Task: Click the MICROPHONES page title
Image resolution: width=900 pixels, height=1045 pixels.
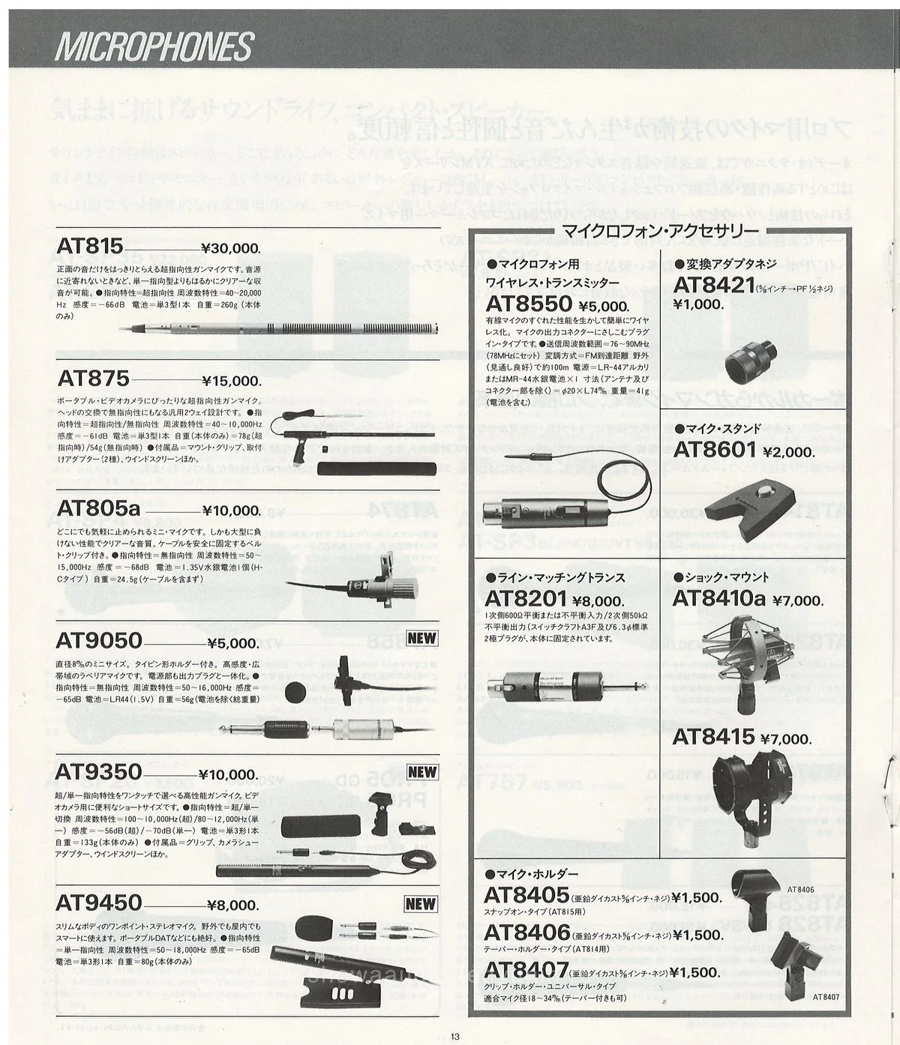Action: pyautogui.click(x=154, y=46)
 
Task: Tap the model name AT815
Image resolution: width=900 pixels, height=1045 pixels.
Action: pyautogui.click(x=89, y=247)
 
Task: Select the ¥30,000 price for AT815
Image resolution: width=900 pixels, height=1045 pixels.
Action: pyautogui.click(x=231, y=249)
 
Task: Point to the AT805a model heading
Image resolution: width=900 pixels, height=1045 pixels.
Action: pyautogui.click(x=98, y=509)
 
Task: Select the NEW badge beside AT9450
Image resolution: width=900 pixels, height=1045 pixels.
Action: pyautogui.click(x=421, y=904)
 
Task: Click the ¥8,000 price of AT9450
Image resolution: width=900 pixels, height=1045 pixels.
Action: pyautogui.click(x=231, y=906)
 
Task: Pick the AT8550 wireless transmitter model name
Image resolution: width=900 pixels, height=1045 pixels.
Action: pyautogui.click(x=529, y=304)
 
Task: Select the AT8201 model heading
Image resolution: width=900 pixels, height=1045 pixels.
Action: pyautogui.click(x=525, y=599)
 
